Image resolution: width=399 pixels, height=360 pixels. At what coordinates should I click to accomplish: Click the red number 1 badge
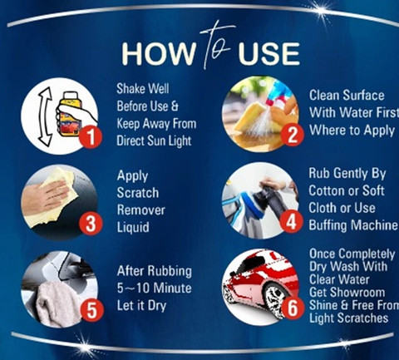91,137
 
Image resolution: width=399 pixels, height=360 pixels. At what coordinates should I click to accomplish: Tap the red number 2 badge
292,135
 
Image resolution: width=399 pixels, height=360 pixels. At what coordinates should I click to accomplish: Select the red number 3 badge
91,224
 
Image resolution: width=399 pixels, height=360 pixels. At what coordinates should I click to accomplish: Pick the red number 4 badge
291,222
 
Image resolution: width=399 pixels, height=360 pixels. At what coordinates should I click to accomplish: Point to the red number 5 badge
91,310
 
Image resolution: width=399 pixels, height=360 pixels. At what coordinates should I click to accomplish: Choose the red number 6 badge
293,308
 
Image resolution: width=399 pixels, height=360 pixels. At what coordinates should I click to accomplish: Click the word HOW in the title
158,54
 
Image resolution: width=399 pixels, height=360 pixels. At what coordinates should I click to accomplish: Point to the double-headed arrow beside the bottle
46,116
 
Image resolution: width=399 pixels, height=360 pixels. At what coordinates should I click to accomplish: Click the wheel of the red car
274,298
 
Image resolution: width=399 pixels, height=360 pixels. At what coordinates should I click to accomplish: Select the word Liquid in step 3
133,227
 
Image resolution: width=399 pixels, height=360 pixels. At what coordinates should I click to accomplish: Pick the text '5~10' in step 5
133,288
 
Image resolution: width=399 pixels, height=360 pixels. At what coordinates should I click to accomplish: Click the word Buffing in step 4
328,225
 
